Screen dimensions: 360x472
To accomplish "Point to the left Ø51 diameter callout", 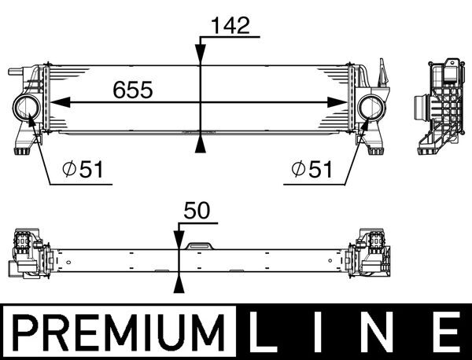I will (x=81, y=168).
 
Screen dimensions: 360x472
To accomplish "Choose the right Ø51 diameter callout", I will (x=310, y=168).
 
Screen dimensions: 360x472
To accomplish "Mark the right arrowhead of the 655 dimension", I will (x=340, y=101).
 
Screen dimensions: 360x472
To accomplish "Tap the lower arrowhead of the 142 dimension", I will (x=201, y=144).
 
